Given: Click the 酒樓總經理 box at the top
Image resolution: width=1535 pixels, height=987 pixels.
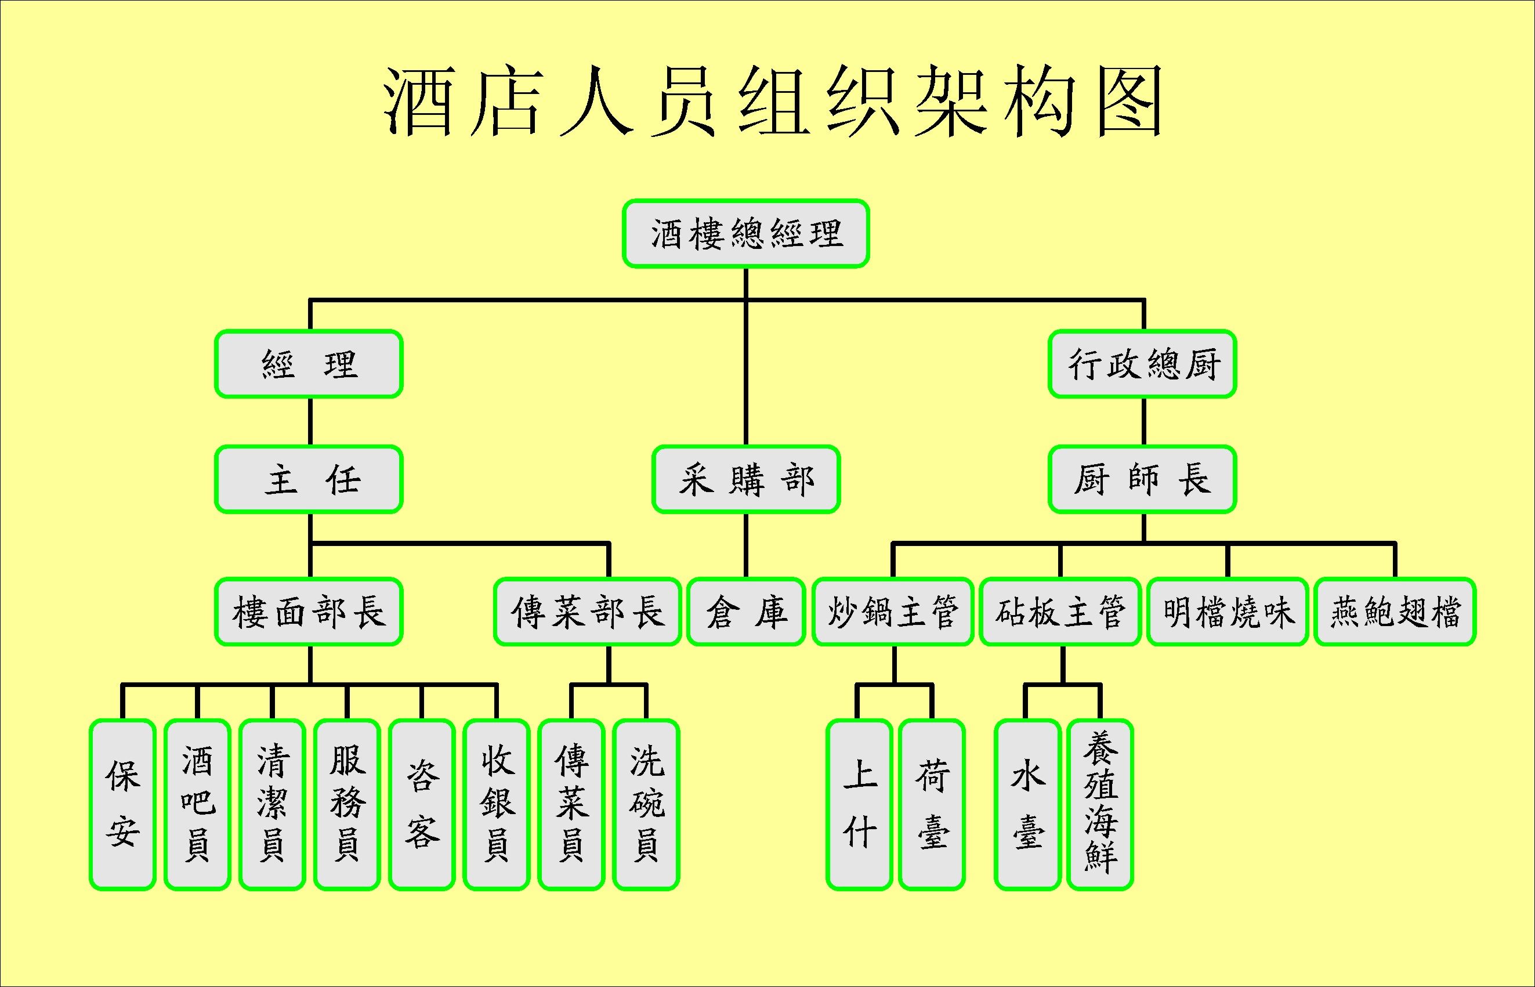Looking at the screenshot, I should click(745, 233).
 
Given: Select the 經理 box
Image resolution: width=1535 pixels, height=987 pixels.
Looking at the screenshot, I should click(309, 364).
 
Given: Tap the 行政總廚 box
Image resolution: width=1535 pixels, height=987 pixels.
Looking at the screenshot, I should click(1142, 364).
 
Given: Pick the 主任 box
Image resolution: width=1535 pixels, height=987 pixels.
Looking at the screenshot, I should click(309, 479).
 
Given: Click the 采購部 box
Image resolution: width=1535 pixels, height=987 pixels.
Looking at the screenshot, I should click(745, 479).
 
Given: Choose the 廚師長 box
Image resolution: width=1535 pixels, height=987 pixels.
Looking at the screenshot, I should click(1142, 479).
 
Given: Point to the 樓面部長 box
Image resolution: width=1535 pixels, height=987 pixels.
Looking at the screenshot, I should click(309, 612).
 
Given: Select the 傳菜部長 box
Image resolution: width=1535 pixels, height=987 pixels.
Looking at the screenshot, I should click(588, 612).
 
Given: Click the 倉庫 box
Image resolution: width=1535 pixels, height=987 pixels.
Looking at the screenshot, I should click(745, 612).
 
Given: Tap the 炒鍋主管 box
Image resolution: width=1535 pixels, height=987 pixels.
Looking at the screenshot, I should click(893, 612).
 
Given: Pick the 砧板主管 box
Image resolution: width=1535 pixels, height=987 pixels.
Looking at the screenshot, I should click(1060, 612).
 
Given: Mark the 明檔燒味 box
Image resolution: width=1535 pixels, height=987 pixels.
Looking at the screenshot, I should click(1228, 612).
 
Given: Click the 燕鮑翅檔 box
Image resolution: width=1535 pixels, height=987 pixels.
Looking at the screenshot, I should click(1395, 612).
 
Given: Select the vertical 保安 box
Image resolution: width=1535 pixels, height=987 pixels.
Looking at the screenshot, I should click(122, 805).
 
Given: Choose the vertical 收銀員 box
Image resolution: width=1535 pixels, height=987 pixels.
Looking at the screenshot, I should click(497, 805).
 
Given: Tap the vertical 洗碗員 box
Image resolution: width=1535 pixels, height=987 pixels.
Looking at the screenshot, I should click(646, 805).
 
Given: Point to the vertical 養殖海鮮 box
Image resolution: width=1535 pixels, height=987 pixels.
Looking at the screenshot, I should click(1100, 805).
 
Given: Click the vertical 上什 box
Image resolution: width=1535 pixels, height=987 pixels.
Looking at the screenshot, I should click(859, 805).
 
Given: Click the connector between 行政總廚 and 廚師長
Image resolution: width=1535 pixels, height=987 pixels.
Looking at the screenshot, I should click(1143, 422).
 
